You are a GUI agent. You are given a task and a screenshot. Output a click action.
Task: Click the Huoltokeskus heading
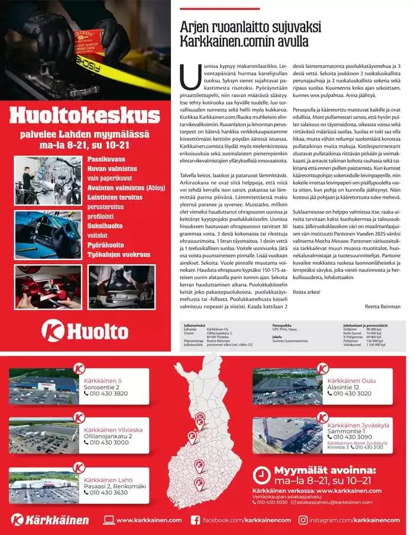[x=86, y=115]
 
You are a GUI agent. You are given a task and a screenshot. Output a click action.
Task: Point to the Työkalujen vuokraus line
[x=119, y=254]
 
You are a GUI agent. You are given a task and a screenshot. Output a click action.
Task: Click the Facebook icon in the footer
[x=195, y=520]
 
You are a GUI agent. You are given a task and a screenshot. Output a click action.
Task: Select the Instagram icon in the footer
[x=303, y=520]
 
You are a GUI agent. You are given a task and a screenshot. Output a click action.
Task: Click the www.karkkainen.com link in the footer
[x=148, y=520]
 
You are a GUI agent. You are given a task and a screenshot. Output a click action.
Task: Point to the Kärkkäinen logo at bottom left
[x=50, y=520]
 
